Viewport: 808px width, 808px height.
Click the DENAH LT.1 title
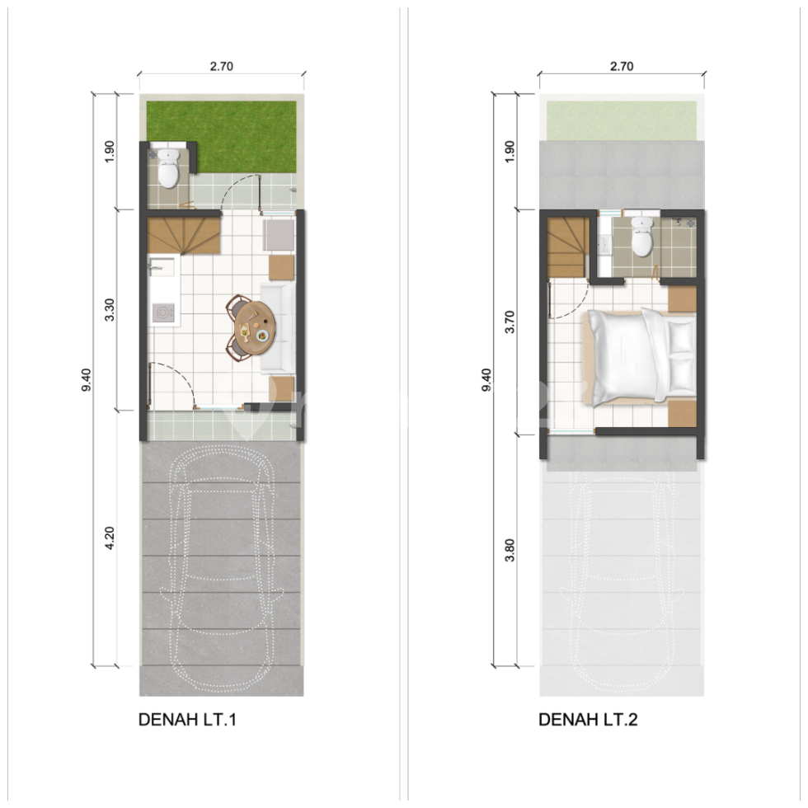click(x=188, y=720)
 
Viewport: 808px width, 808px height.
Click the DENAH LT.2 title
click(x=588, y=720)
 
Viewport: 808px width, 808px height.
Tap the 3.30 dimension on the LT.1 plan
click(x=110, y=309)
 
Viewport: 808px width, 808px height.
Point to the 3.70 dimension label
click(x=510, y=322)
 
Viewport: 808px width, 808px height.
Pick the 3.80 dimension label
click(x=510, y=550)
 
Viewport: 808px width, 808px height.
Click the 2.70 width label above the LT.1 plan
click(x=221, y=68)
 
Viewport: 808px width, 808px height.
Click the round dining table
click(x=252, y=327)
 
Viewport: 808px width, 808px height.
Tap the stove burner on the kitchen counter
click(x=163, y=312)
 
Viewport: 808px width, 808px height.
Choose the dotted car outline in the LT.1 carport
click(x=221, y=569)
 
